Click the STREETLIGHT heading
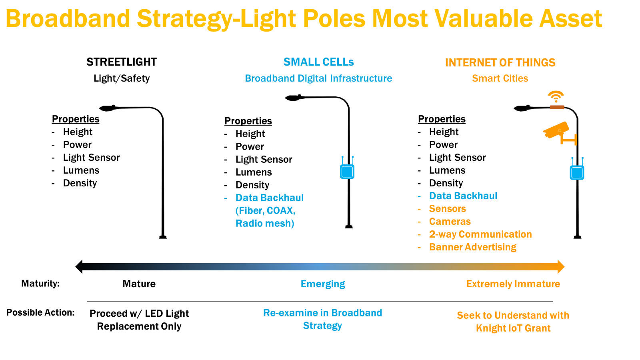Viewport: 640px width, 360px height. (122, 62)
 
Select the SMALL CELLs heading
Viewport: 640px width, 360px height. (318, 62)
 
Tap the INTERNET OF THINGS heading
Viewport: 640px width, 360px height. (500, 62)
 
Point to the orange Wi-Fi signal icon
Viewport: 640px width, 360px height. (556, 96)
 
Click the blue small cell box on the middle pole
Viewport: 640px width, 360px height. (347, 172)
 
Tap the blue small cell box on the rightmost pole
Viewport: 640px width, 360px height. (577, 172)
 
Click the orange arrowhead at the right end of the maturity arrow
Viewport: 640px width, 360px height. (561, 266)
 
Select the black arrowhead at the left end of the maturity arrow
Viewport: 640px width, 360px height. (79, 266)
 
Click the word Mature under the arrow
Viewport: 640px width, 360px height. (139, 284)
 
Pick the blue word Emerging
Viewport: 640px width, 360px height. (323, 284)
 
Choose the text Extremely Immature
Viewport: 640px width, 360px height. (513, 284)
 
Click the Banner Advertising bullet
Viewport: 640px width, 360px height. (473, 247)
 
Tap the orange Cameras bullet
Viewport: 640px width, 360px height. (450, 222)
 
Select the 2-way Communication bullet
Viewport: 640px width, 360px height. (480, 234)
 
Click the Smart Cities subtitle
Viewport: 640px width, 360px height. (500, 78)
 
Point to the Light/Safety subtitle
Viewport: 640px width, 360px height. (122, 78)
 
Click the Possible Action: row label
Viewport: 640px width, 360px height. (40, 312)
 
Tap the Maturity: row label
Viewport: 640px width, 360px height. (40, 284)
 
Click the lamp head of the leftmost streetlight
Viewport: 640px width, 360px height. (107, 108)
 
